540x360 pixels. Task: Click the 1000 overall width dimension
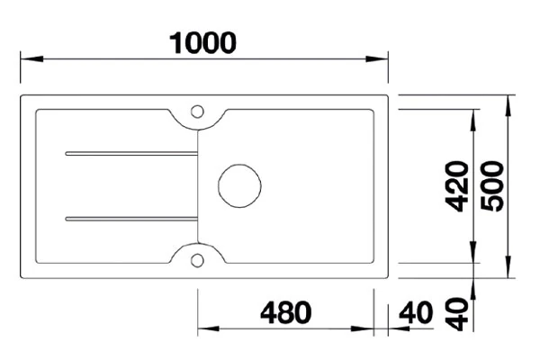point(203,42)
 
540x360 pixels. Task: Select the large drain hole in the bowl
point(240,185)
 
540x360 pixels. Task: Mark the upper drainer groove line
point(130,154)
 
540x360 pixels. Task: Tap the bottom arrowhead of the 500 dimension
point(509,274)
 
